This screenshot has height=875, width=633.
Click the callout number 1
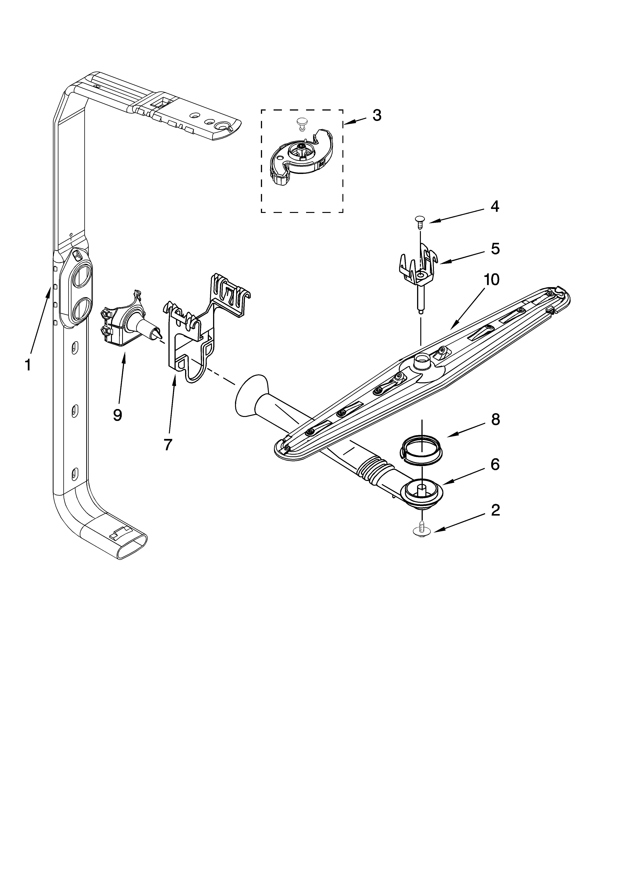(28, 365)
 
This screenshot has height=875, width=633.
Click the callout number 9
(118, 415)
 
